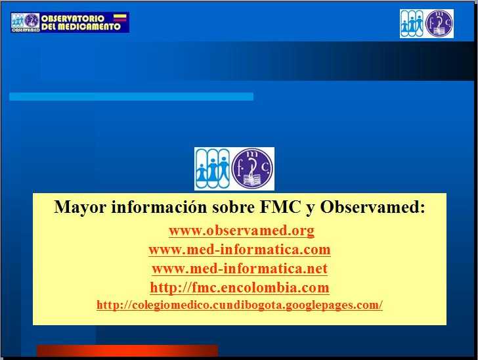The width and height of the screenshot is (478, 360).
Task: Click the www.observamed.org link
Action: click(242, 231)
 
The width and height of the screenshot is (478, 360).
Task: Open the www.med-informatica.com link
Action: click(240, 250)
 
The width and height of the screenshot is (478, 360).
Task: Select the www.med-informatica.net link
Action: click(240, 269)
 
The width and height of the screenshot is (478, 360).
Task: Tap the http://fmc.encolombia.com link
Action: click(240, 287)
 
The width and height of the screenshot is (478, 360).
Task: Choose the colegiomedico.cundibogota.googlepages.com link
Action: click(240, 305)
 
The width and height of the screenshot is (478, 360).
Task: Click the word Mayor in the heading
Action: click(80, 207)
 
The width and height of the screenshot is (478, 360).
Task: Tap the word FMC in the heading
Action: click(280, 207)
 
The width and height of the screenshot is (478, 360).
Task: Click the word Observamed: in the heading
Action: click(372, 207)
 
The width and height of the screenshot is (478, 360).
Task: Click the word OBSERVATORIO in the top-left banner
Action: click(73, 18)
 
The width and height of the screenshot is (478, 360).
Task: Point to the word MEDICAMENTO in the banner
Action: click(89, 26)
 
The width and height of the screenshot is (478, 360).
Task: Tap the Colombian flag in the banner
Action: click(120, 18)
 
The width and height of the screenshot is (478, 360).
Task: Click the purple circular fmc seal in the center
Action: click(252, 169)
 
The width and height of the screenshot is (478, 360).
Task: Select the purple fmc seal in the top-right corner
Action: click(439, 24)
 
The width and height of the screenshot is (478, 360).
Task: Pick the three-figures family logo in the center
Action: click(213, 169)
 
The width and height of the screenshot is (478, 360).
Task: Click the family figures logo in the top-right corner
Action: click(412, 24)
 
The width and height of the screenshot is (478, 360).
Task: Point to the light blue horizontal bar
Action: click(131, 97)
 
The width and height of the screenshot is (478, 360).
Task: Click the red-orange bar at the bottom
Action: click(127, 350)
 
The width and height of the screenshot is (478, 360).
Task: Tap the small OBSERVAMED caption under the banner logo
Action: click(26, 30)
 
